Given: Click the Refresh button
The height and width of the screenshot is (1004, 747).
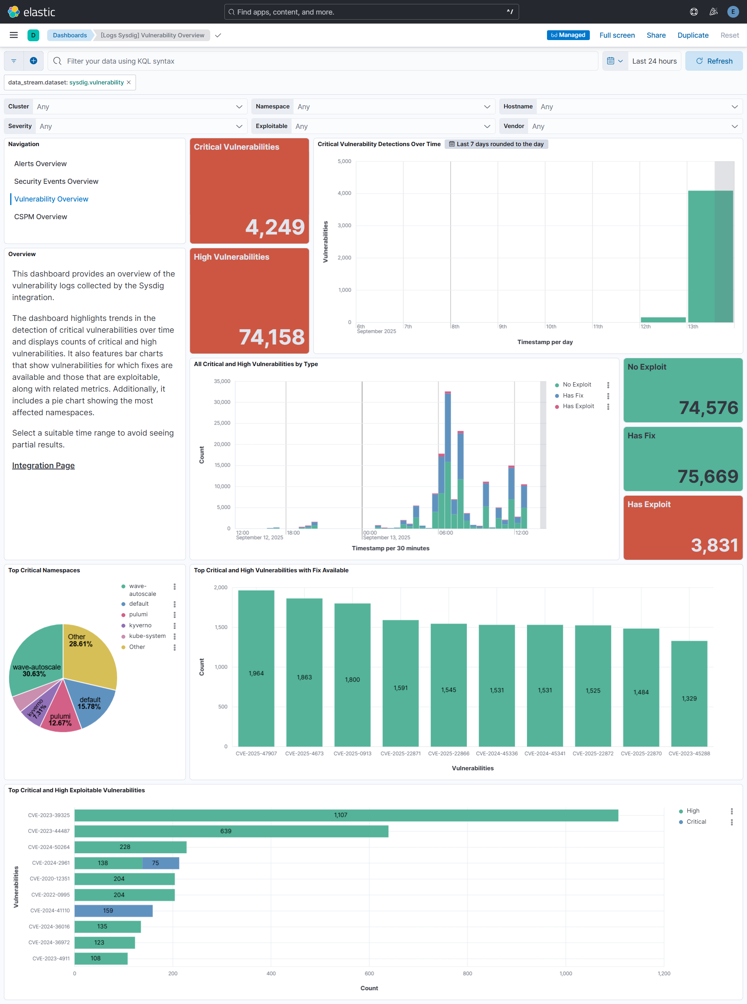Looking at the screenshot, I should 714,61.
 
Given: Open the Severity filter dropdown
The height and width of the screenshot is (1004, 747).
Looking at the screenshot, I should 140,126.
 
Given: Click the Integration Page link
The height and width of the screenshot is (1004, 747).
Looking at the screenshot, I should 43,465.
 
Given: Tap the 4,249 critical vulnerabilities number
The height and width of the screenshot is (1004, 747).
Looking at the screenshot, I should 274,227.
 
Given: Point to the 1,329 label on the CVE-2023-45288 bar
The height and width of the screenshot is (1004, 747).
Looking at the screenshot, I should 689,698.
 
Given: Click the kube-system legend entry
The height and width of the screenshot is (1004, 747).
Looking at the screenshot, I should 147,636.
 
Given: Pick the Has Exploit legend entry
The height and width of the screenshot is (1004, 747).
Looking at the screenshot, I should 578,406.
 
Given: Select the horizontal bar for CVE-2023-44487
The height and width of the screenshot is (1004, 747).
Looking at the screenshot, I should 231,831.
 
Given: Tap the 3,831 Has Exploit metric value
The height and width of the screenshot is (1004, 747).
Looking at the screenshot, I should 714,545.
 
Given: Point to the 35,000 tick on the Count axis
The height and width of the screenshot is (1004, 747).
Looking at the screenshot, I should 222,381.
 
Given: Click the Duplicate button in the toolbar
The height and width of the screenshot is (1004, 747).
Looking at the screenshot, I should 692,35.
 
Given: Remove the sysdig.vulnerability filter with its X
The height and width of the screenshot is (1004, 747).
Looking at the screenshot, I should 129,82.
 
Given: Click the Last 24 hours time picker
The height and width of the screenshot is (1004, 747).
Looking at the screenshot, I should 654,61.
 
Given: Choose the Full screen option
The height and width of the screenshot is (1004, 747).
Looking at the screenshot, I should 617,35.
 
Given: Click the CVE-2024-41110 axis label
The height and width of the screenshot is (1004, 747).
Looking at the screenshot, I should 50,911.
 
